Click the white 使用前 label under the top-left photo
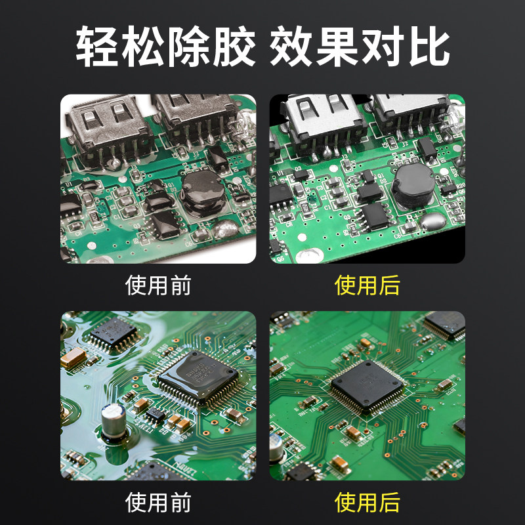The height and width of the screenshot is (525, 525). pos(158,285)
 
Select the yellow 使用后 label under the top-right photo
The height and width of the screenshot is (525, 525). pos(367,285)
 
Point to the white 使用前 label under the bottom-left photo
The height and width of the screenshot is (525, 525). pos(158,503)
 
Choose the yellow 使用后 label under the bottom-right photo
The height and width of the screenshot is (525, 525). pos(367,503)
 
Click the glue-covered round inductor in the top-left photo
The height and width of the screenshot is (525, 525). pos(203,192)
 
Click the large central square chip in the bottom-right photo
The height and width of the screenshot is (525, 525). pos(367,387)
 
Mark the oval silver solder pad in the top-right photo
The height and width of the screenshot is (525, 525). pos(308,253)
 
